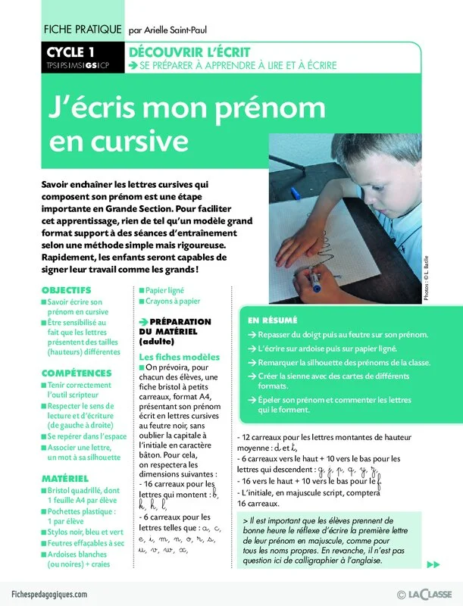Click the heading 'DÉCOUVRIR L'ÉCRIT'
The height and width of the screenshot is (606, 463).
pyautogui.click(x=190, y=52)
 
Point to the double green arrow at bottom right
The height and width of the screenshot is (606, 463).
pyautogui.click(x=433, y=564)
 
